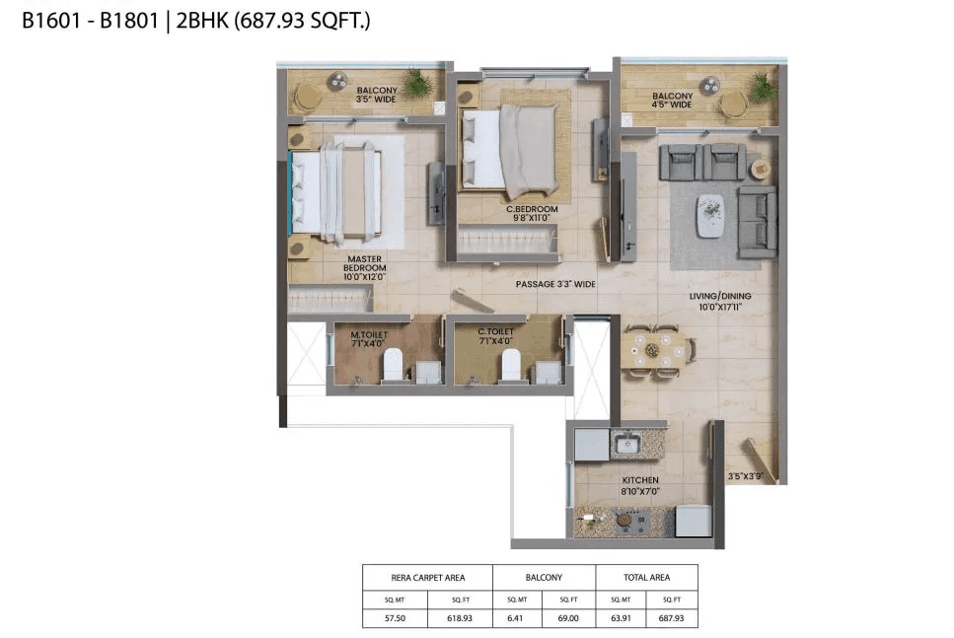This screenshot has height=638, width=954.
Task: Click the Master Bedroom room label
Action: (364, 267)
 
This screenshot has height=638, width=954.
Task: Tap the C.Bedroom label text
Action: (532, 214)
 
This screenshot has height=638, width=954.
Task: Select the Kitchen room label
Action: (640, 485)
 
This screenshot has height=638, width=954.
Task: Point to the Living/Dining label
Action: (720, 301)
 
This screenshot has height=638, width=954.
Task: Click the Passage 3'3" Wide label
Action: (555, 284)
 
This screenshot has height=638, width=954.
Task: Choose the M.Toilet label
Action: (367, 338)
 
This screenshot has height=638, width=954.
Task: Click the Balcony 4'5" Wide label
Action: (672, 101)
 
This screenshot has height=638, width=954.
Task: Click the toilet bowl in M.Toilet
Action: (392, 364)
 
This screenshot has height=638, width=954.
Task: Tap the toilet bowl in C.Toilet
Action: (511, 364)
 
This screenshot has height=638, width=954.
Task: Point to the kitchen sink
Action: (624, 445)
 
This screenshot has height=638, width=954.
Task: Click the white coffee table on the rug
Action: (709, 215)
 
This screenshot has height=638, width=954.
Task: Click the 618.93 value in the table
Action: (460, 618)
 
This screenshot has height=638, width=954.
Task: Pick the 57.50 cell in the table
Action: (395, 618)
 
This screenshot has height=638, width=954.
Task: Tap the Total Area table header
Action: (646, 577)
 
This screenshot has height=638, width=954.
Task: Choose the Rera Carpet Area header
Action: (427, 577)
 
